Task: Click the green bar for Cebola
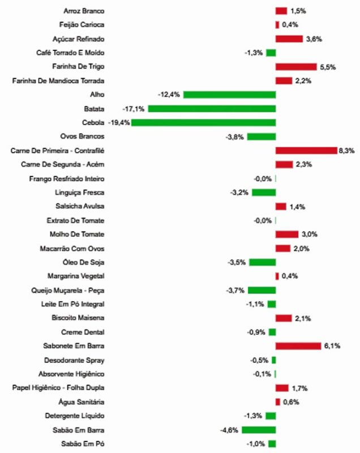coord(204,122)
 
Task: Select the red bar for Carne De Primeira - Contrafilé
coord(306,151)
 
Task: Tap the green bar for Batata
coord(212,108)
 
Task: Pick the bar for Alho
coord(229,95)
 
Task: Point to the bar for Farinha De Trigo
coord(296,67)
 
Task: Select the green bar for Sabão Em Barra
coord(259,430)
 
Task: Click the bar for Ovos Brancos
coord(262,136)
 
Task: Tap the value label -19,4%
coord(117,122)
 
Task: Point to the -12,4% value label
coord(169,95)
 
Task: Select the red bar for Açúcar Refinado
coord(289,39)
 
